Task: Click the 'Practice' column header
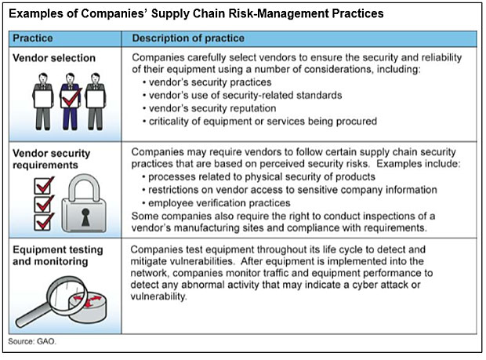(x=33, y=38)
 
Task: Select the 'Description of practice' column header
(x=188, y=38)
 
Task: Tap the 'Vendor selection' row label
(x=54, y=58)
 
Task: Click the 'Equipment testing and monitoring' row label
(x=58, y=256)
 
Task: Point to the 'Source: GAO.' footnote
(x=32, y=341)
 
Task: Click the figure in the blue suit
(x=71, y=101)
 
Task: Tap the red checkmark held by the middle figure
(x=71, y=97)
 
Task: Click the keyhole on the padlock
(x=85, y=216)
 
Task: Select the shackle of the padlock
(x=84, y=186)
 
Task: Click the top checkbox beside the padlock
(x=44, y=186)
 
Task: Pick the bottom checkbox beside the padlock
(x=44, y=222)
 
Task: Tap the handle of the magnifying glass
(x=33, y=314)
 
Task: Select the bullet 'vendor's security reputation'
(x=209, y=108)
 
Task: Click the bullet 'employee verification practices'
(x=216, y=203)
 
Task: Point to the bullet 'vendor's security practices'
(x=207, y=82)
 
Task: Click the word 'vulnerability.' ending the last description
(x=158, y=296)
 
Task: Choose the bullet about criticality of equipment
(x=259, y=121)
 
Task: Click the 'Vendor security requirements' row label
(x=51, y=159)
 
